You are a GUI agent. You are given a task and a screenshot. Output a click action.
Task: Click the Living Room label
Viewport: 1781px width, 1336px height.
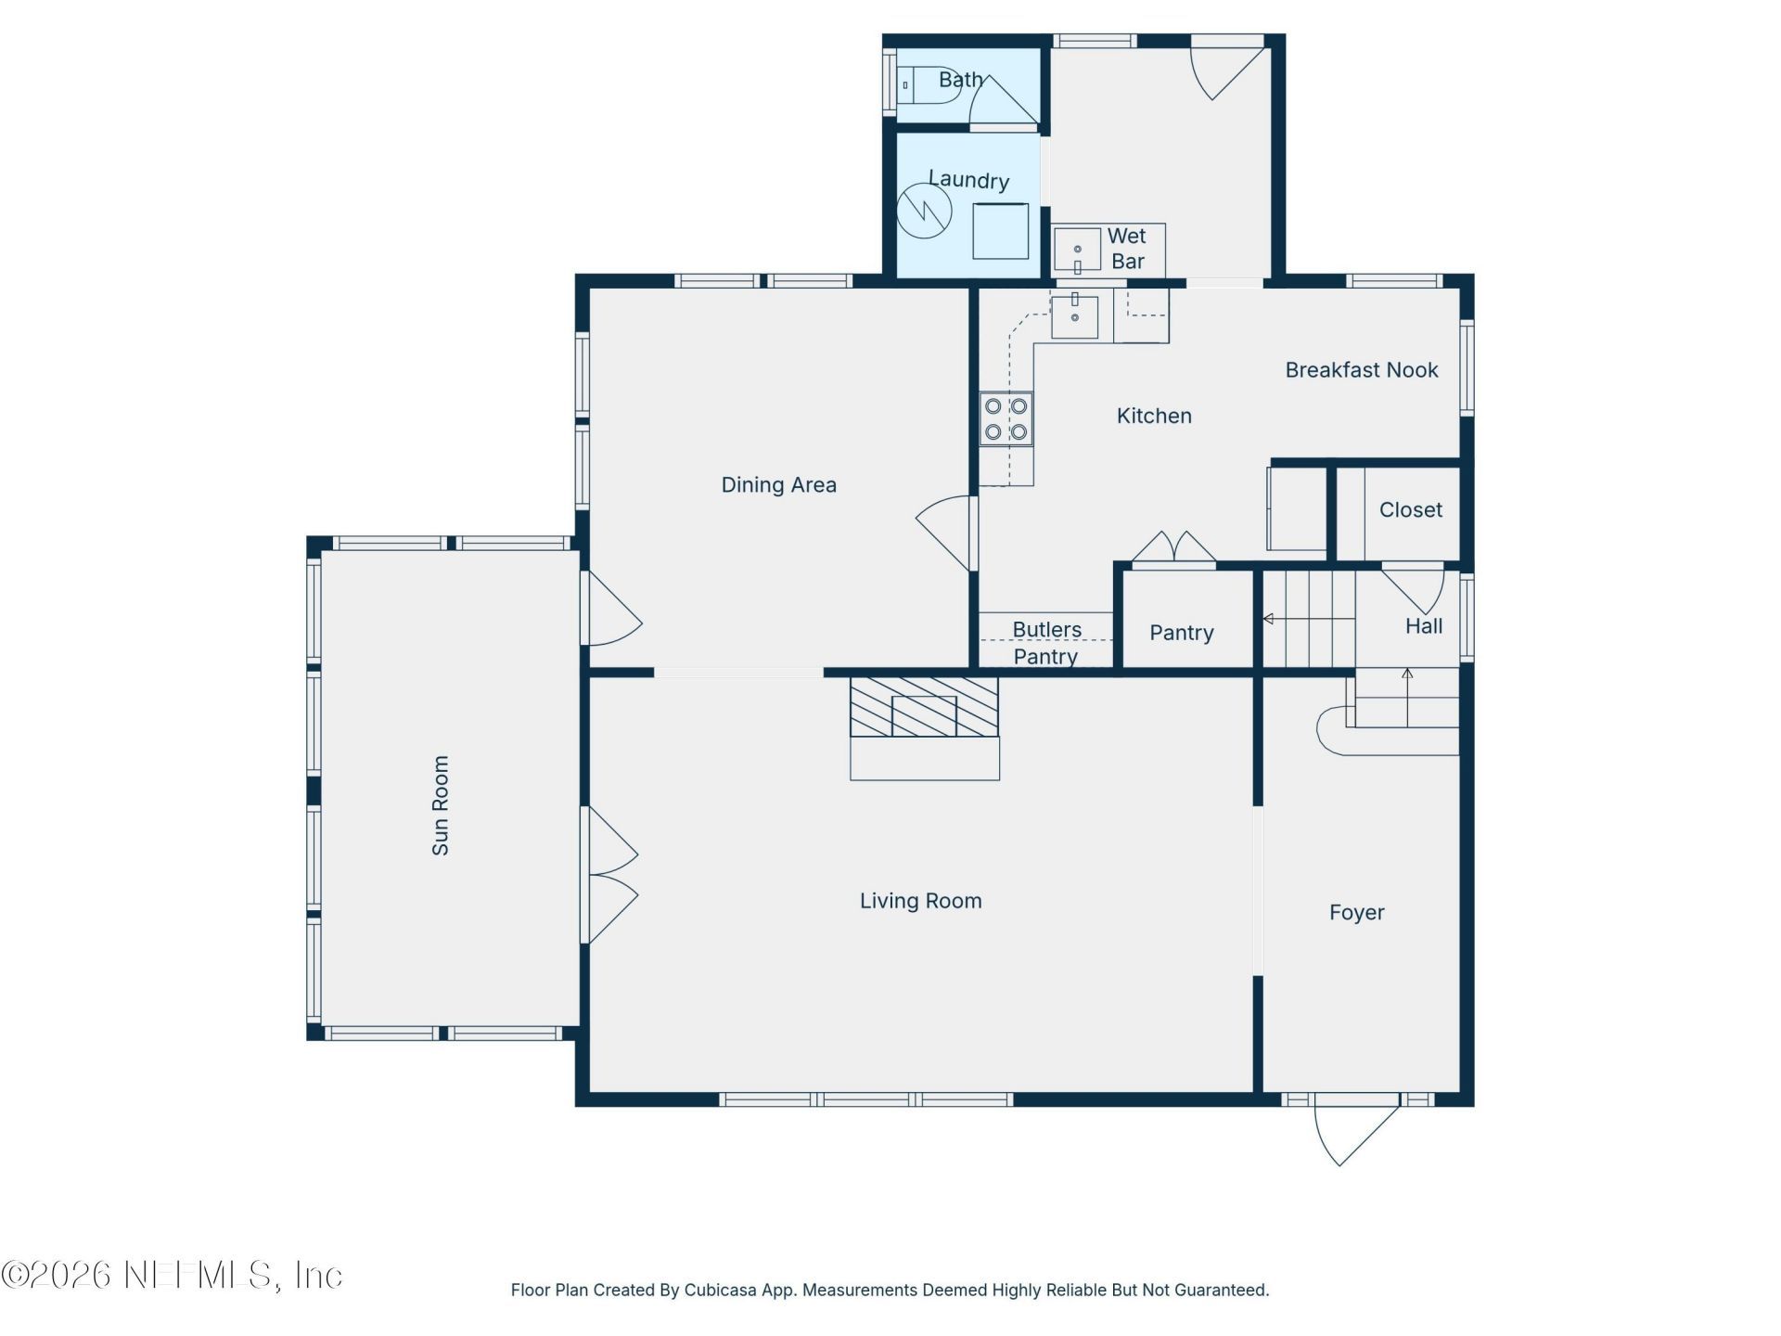(x=920, y=901)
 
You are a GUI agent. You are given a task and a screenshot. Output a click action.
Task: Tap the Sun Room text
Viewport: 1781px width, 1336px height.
(x=441, y=805)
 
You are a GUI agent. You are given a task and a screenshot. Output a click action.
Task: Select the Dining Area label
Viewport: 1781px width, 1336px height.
(x=778, y=484)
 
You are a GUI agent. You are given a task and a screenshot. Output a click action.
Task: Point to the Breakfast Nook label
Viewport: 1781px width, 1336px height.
(x=1361, y=370)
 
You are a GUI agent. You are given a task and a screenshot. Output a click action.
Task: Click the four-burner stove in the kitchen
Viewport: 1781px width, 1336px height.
(x=1006, y=419)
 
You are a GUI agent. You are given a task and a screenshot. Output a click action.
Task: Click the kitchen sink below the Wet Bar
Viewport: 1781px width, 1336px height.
(x=1074, y=317)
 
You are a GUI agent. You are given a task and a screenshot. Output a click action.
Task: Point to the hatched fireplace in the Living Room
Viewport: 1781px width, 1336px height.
(x=924, y=707)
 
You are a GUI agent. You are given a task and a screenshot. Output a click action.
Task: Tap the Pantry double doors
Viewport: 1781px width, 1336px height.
(x=1173, y=548)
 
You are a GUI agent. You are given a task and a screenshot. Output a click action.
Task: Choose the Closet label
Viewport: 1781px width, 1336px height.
(x=1410, y=510)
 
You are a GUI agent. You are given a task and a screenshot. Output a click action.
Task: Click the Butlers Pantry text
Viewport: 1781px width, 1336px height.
(x=1046, y=643)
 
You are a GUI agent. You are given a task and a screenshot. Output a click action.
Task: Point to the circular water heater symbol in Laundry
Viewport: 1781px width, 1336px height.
(x=924, y=211)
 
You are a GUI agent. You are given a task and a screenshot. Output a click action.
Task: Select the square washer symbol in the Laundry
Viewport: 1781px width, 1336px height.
(x=1000, y=230)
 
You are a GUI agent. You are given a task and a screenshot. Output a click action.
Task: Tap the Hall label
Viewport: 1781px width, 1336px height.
(x=1423, y=626)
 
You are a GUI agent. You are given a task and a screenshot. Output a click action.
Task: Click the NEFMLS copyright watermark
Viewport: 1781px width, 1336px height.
(x=172, y=1275)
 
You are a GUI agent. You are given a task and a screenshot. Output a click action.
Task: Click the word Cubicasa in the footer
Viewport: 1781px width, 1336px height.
(x=721, y=1290)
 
